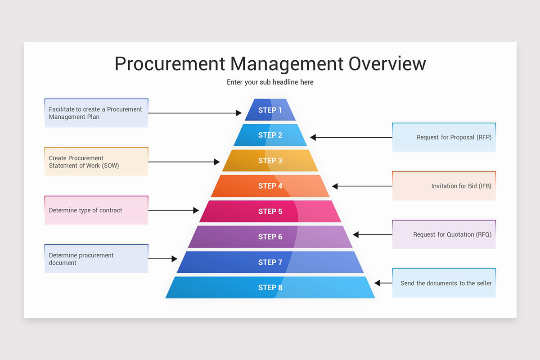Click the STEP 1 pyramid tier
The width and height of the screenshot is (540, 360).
[x=270, y=110]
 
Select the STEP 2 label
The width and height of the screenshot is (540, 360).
[x=270, y=135]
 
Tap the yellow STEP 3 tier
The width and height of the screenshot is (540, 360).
[x=270, y=161]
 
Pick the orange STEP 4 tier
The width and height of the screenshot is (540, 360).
[x=270, y=186]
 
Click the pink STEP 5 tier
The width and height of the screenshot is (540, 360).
[x=270, y=211]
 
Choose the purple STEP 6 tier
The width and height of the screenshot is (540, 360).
[x=270, y=237]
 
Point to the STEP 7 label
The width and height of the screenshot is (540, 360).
[x=270, y=262]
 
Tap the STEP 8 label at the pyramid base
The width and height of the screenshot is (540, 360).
[x=270, y=288]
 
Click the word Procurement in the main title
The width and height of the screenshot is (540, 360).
[x=170, y=64]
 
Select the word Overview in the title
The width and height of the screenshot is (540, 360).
[x=387, y=64]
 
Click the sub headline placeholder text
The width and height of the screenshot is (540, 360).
[x=270, y=82]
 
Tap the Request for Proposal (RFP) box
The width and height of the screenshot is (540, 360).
[x=444, y=137]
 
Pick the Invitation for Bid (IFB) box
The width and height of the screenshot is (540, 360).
[x=444, y=186]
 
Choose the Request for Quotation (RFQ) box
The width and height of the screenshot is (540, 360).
[x=444, y=234]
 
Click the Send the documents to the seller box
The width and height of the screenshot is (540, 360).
[x=444, y=283]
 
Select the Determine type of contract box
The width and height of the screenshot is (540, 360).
[x=96, y=210]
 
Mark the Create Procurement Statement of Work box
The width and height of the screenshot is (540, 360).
[x=96, y=162]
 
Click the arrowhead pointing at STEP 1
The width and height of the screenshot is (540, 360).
[x=239, y=113]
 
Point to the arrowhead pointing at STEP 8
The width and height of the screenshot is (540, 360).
[x=378, y=283]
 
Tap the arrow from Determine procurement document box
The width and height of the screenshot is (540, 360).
[x=162, y=259]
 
